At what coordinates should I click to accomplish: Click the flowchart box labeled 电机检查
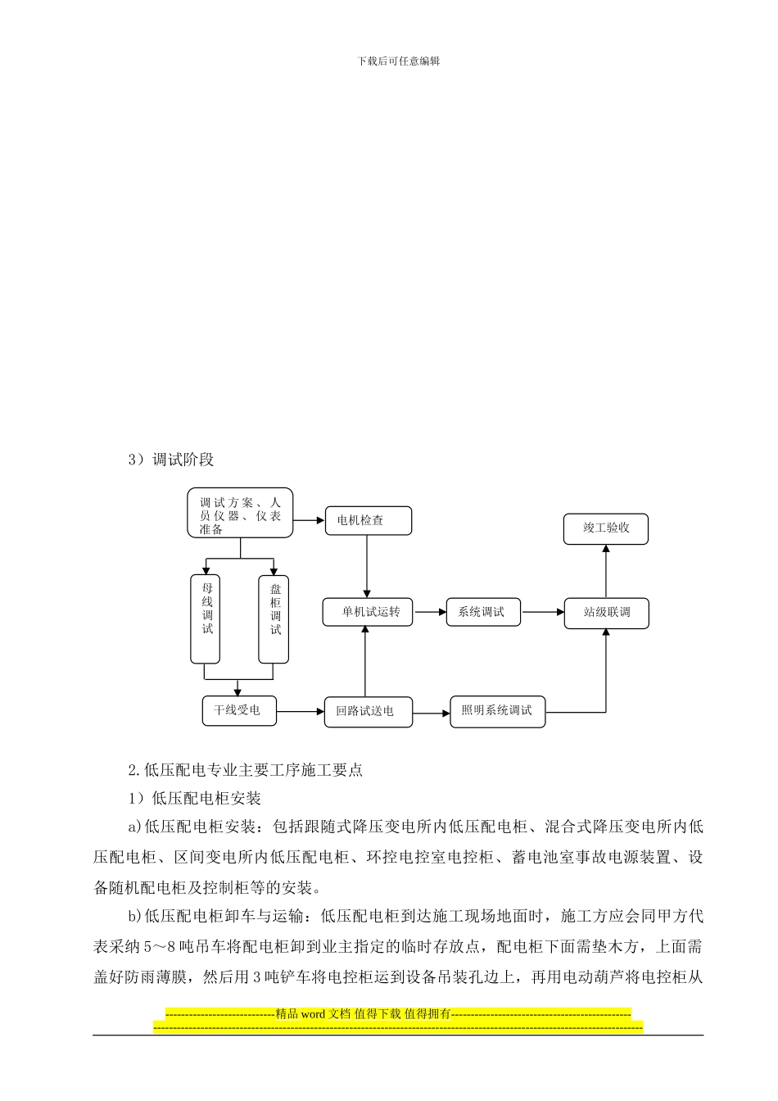tap(368, 521)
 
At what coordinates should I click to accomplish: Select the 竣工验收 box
tap(606, 528)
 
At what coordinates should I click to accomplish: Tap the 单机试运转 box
tap(368, 612)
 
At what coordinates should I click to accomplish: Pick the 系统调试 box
tap(483, 612)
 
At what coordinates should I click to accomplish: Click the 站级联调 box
tap(606, 613)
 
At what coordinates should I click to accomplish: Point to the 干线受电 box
tap(239, 710)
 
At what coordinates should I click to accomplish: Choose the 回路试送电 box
tap(368, 711)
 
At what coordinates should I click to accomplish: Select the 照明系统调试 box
tap(497, 711)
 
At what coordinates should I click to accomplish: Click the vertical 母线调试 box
tap(206, 618)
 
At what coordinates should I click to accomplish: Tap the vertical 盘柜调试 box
tap(274, 618)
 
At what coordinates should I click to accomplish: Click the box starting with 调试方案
tap(240, 514)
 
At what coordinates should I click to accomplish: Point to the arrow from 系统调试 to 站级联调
tap(542, 612)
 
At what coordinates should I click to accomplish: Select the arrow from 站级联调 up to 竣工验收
tap(606, 571)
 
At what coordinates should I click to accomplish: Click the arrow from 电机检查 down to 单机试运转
tap(367, 566)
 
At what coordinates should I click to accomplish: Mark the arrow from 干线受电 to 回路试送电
tap(301, 711)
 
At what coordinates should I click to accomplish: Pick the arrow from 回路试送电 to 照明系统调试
tap(432, 713)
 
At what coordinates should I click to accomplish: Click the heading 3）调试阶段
tap(171, 460)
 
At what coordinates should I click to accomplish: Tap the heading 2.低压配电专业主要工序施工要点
tap(246, 770)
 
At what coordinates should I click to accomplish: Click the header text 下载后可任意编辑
tap(399, 61)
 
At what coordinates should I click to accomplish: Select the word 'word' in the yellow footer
tap(313, 1014)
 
